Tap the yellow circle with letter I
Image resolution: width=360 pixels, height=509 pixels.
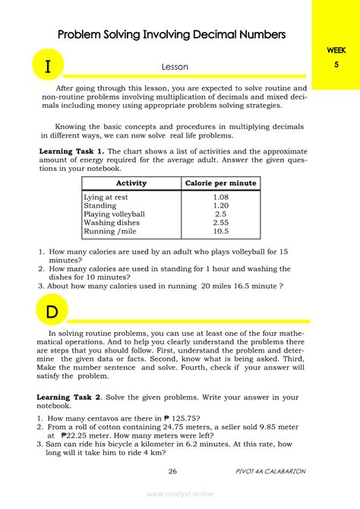click(x=48, y=66)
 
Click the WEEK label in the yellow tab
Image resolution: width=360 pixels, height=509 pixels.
click(x=336, y=49)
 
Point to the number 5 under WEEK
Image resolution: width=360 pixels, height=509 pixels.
click(x=336, y=65)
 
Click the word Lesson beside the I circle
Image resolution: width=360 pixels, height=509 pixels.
click(x=174, y=68)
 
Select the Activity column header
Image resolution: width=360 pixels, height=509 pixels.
click(x=131, y=183)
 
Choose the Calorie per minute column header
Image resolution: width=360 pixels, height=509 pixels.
click(x=221, y=183)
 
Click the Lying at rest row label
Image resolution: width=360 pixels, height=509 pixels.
click(x=107, y=197)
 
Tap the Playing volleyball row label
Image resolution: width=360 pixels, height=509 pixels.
click(x=114, y=214)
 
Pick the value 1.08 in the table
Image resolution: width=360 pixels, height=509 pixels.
click(x=221, y=197)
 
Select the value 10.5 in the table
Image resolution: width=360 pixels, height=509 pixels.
click(x=221, y=232)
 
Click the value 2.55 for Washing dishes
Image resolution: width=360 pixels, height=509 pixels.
click(x=221, y=223)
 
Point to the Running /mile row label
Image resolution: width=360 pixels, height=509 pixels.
click(x=111, y=232)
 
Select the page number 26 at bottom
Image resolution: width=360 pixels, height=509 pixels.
click(x=172, y=472)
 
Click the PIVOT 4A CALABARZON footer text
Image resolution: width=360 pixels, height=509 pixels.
click(x=270, y=472)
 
